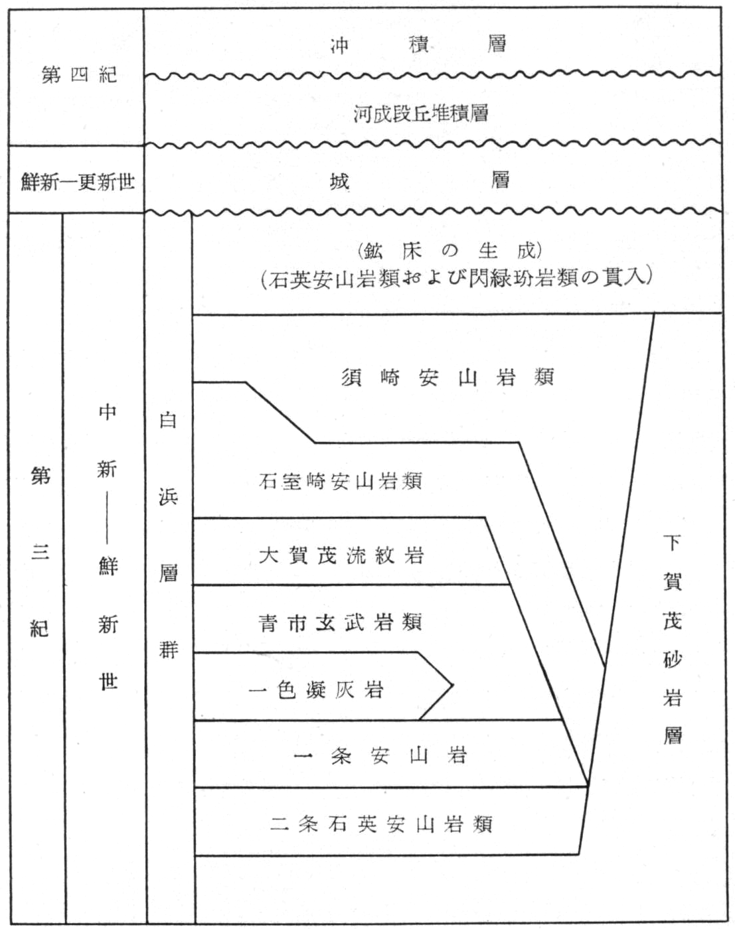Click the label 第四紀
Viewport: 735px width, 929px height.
coord(80,75)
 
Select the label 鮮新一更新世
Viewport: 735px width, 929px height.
coord(78,182)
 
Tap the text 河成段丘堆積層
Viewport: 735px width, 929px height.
coord(422,113)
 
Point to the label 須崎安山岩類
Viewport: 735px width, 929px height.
coord(448,378)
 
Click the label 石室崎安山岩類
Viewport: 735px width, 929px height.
coord(341,480)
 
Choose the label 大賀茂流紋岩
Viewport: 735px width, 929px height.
coord(341,555)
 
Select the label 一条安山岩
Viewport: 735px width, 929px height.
coord(380,756)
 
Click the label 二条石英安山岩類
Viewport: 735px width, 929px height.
coord(381,825)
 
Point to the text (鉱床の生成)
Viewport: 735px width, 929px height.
coord(449,250)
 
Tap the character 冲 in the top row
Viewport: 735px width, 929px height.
coord(340,45)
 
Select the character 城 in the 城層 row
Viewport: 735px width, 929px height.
coord(340,182)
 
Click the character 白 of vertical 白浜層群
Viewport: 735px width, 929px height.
coord(168,419)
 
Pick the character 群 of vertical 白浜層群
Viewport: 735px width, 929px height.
coord(168,649)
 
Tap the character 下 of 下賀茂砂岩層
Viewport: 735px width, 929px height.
coord(673,543)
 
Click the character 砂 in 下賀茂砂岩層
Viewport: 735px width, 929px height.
coord(673,660)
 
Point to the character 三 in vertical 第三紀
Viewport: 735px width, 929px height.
coord(40,552)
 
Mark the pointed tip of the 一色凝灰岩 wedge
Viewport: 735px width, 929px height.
coord(453,685)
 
